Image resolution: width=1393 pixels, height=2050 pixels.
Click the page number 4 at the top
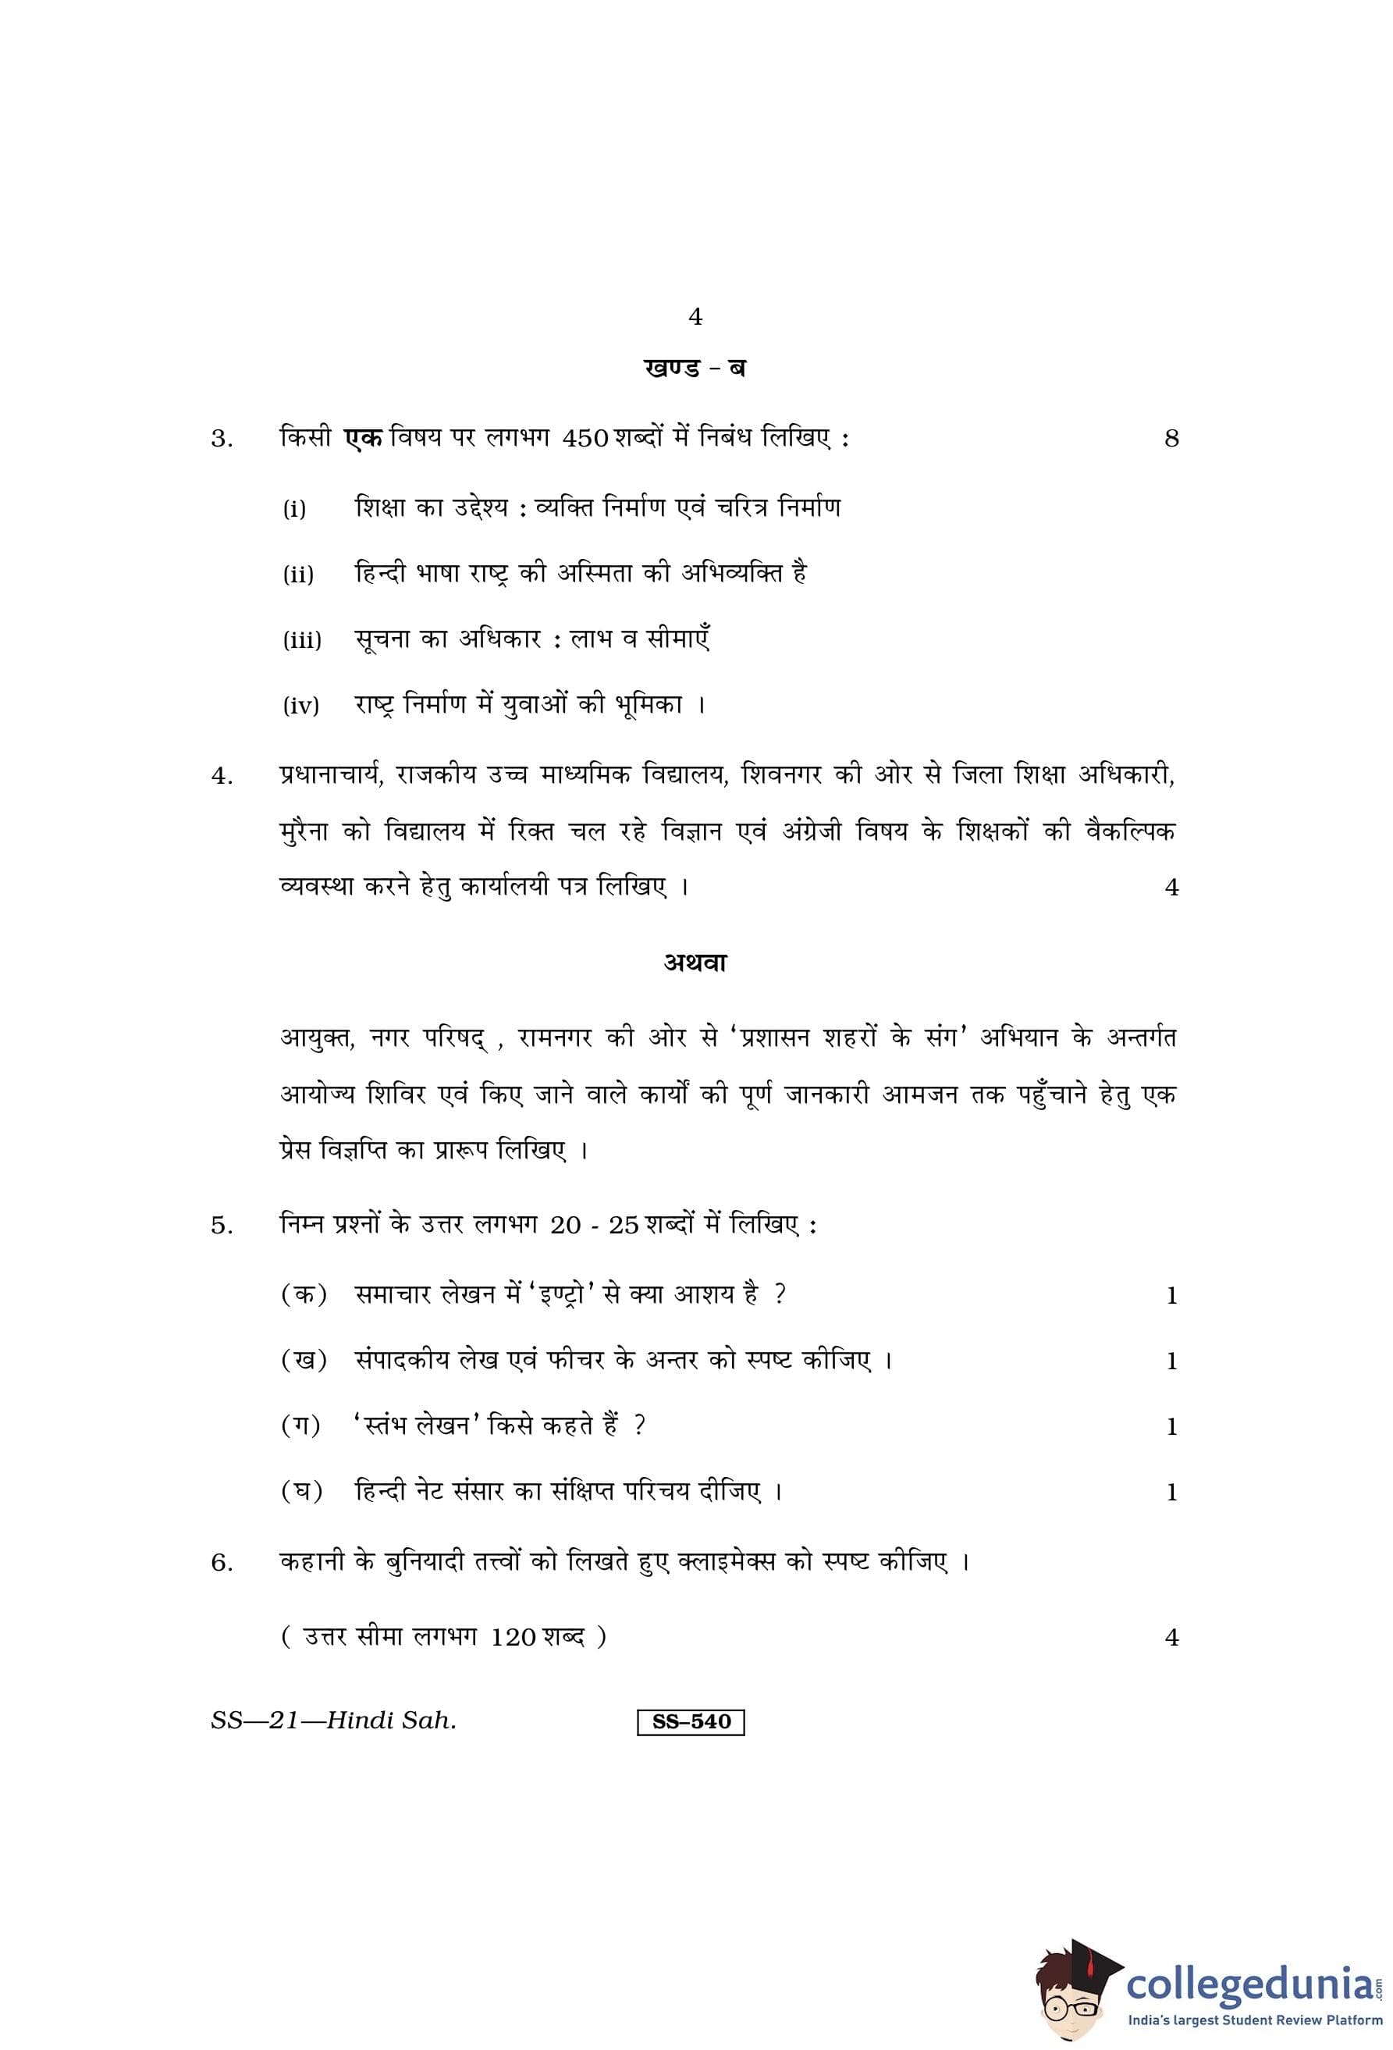[695, 317]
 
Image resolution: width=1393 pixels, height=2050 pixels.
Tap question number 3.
[222, 439]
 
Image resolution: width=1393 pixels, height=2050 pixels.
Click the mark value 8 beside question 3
[1171, 439]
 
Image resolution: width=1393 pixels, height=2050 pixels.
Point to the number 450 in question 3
[585, 439]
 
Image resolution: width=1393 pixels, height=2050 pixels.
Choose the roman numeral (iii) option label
[301, 639]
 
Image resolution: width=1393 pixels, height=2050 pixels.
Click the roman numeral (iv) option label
[300, 706]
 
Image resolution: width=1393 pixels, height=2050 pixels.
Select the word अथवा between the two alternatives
[695, 963]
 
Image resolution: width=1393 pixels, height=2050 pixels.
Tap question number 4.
[222, 777]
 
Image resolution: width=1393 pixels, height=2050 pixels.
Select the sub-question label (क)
[304, 1295]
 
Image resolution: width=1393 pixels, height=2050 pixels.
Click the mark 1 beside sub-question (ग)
[1171, 1426]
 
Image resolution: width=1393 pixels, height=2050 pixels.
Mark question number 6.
[222, 1563]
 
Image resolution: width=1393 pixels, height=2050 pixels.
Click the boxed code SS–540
[691, 1721]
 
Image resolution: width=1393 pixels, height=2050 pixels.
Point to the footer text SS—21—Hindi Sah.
[333, 1720]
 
